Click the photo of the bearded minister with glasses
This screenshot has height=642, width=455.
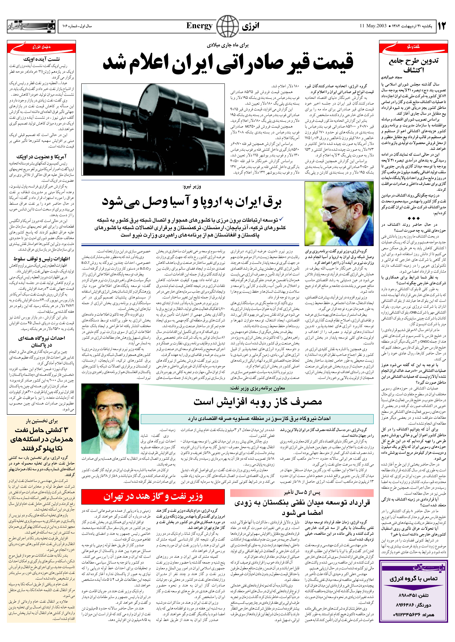pos(339,214)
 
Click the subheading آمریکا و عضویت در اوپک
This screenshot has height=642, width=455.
pos(41,157)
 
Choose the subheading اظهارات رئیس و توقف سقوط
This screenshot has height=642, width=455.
pos(41,259)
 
